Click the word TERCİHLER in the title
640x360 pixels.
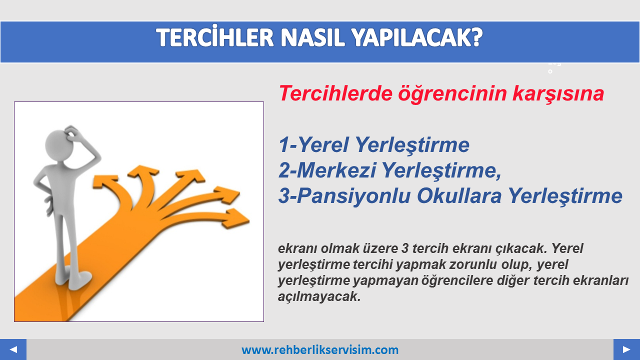tap(215, 37)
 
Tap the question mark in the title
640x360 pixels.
tap(476, 37)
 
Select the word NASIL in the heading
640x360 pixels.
tap(313, 37)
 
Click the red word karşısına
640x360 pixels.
tap(558, 94)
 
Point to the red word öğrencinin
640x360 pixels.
tap(452, 94)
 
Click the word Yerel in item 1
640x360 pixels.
tap(323, 144)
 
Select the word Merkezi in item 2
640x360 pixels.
tap(336, 170)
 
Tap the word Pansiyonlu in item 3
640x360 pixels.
tap(353, 196)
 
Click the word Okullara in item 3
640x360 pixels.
tap(459, 195)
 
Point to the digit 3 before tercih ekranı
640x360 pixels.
tap(405, 248)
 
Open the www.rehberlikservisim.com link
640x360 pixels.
tap(320, 350)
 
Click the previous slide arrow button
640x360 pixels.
tap(13, 349)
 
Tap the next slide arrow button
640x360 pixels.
tap(626, 349)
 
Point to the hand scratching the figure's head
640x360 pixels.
tap(73, 133)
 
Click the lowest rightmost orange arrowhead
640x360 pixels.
tap(236, 219)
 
